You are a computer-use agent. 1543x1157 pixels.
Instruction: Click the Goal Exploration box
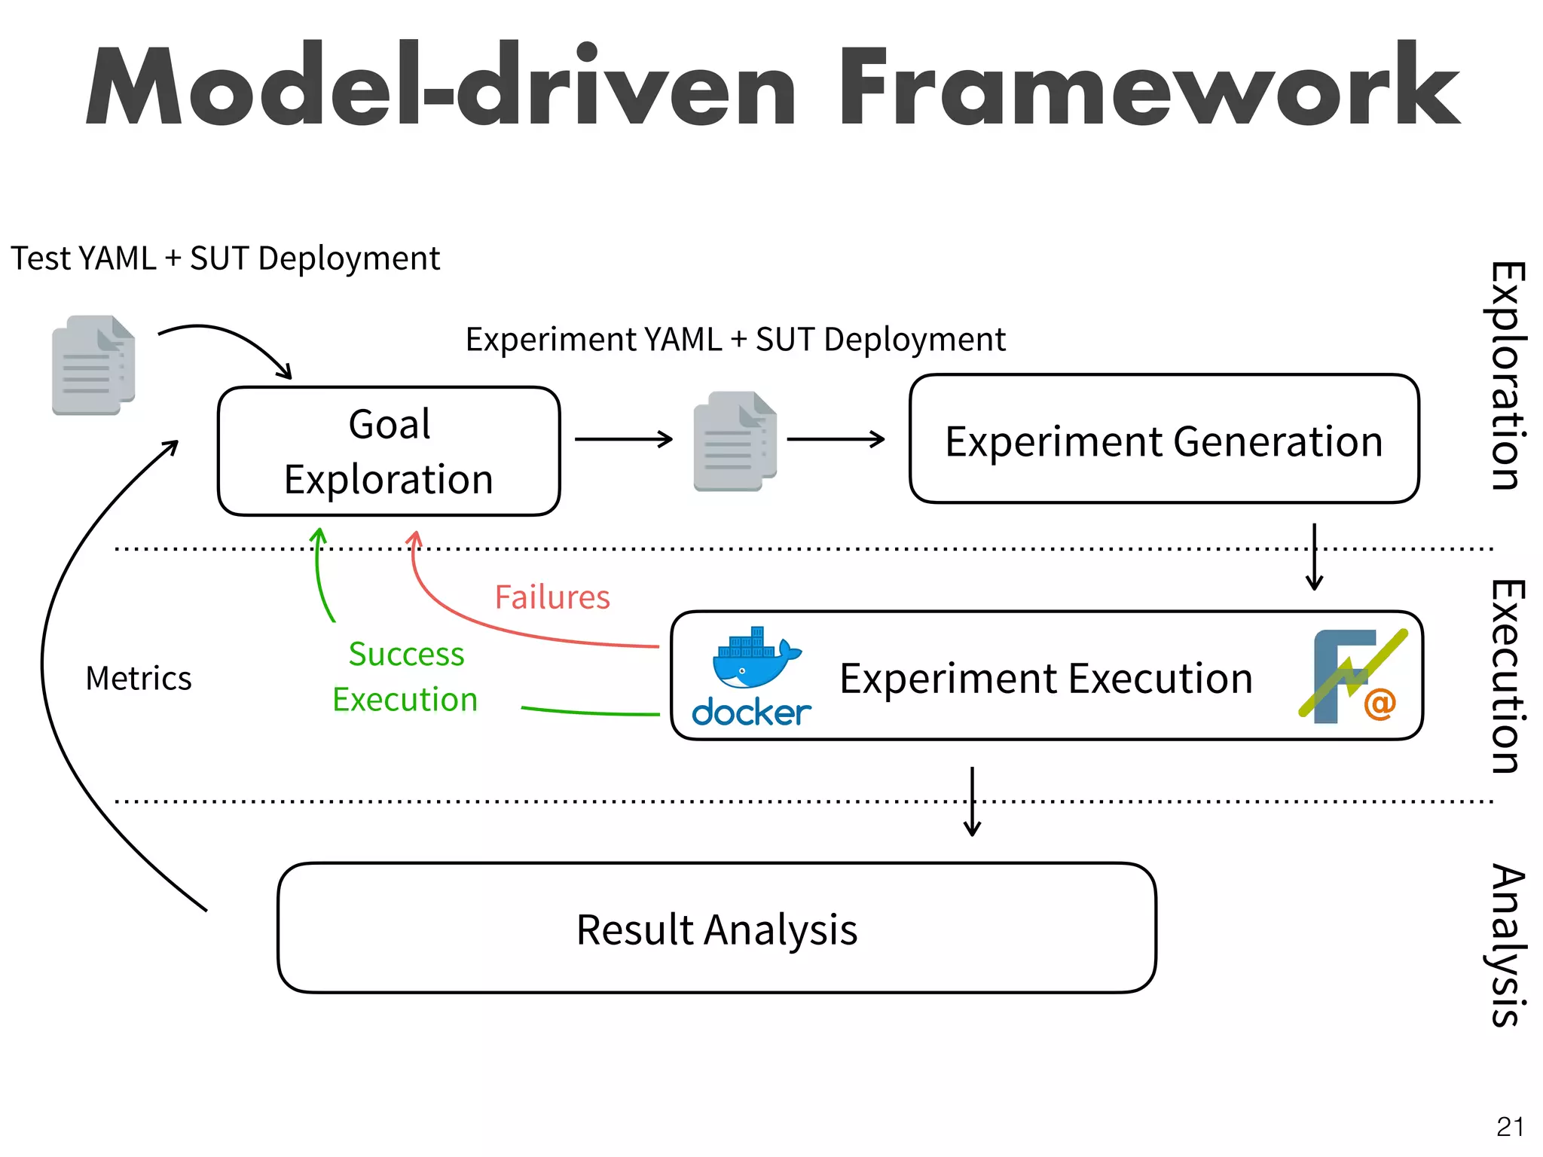click(389, 451)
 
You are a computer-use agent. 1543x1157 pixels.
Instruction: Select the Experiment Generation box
click(1164, 440)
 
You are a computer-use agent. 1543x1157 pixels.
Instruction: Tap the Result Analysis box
click(717, 928)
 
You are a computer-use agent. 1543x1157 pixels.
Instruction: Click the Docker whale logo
click(754, 659)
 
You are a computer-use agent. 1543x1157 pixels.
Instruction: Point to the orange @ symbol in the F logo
click(1380, 704)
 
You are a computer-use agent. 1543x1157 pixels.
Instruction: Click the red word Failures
click(552, 597)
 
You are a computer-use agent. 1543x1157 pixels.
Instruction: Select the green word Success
click(406, 654)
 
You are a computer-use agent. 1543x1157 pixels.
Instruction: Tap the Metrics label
click(139, 678)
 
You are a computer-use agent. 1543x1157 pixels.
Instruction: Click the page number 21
click(1510, 1127)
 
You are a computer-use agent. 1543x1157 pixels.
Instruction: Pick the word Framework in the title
click(1149, 87)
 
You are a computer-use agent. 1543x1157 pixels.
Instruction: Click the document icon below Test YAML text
click(93, 365)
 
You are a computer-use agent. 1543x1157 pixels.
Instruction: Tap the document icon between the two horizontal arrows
click(735, 441)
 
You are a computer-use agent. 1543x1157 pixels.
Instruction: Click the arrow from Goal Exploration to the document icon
click(623, 439)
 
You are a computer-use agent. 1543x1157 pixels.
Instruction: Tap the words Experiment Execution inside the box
click(1046, 678)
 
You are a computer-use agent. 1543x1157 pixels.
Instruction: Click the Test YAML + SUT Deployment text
click(225, 258)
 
